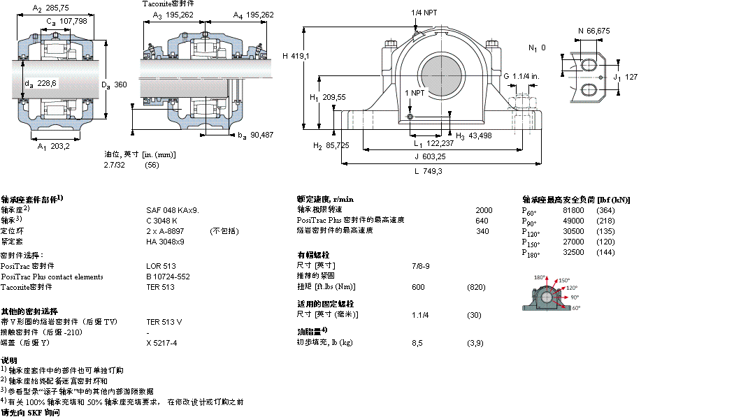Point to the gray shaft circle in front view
click(441, 73)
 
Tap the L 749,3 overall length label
click(429, 171)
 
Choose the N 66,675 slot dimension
click(594, 30)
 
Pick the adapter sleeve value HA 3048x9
click(165, 241)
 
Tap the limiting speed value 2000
click(484, 209)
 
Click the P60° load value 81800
click(574, 210)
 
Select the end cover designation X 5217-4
click(161, 343)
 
